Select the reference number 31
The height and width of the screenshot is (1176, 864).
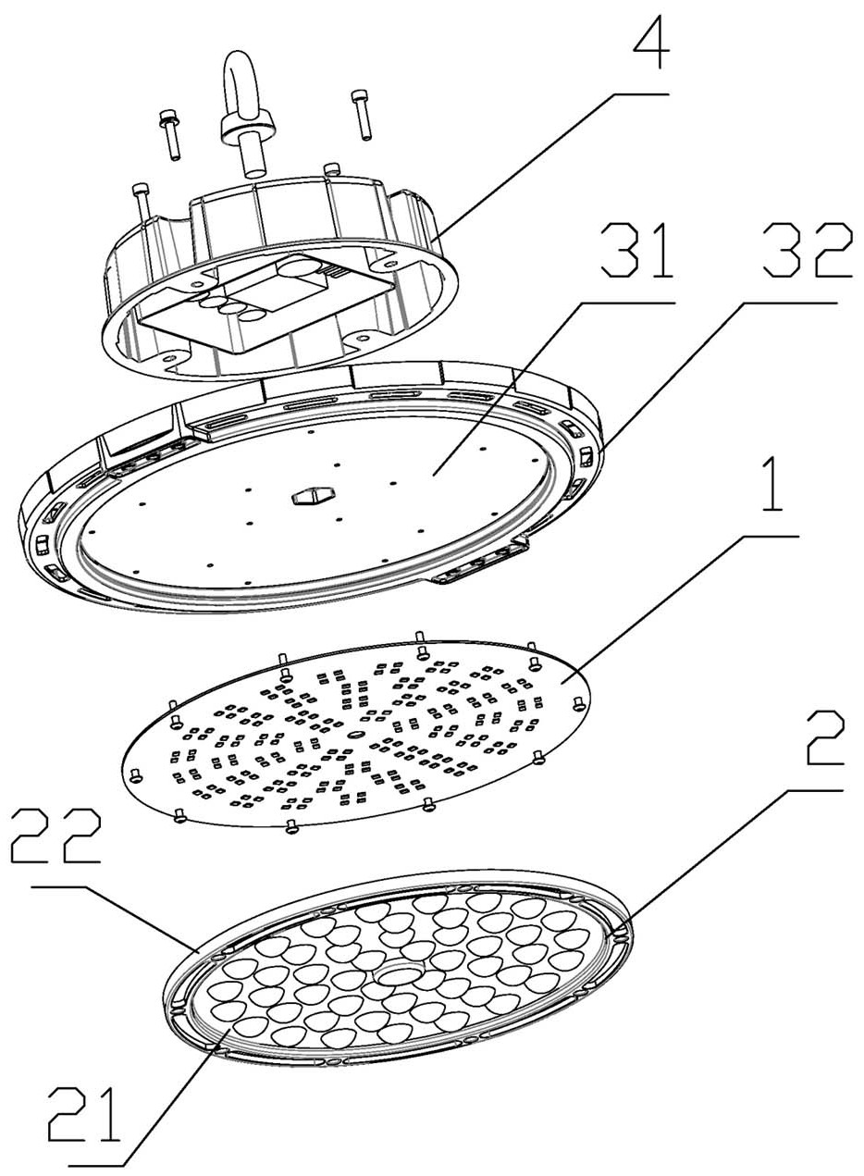click(637, 250)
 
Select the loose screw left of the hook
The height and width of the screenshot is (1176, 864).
click(170, 134)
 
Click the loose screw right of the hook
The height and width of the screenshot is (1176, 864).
click(362, 115)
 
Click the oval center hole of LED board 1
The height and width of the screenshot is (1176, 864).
click(357, 733)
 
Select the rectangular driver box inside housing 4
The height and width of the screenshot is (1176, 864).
click(269, 304)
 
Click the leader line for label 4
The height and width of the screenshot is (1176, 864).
click(550, 165)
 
